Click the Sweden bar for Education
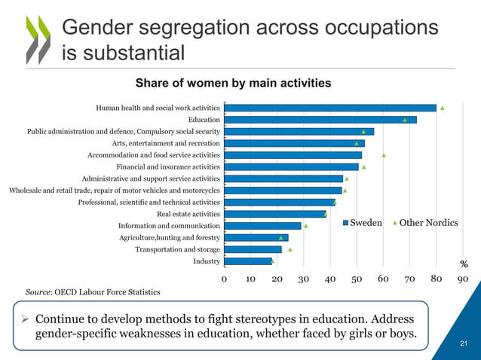(x=320, y=120)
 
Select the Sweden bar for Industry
(x=248, y=261)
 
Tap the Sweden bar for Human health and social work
(x=330, y=108)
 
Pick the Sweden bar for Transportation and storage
(x=253, y=249)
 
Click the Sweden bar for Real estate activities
(x=274, y=214)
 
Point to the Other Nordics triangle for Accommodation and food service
(x=384, y=154)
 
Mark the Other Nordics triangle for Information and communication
(x=305, y=225)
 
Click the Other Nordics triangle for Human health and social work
(x=443, y=108)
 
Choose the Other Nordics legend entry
(x=426, y=223)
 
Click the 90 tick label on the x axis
(x=463, y=278)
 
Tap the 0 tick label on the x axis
(x=225, y=278)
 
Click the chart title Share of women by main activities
(x=233, y=82)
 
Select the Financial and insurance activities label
(x=167, y=166)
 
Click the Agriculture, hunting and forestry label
(x=169, y=237)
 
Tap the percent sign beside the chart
(x=464, y=264)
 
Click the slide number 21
(x=464, y=344)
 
